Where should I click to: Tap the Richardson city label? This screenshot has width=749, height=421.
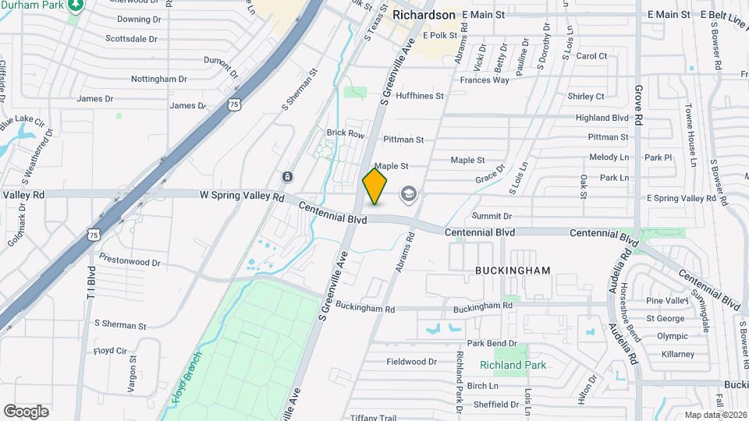424,15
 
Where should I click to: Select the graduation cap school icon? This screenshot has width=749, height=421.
409,193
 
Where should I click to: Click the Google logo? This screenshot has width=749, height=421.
26,411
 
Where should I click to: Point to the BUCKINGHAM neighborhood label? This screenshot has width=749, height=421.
513,271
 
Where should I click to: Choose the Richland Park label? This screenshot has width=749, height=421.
513,365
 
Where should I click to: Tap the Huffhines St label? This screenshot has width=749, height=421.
419,96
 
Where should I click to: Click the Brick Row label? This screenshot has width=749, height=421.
346,134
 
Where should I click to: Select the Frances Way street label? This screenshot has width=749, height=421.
485,80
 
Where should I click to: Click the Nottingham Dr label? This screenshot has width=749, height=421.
159,79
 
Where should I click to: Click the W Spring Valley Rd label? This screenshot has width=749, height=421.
242,197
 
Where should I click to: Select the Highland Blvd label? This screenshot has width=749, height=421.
602,118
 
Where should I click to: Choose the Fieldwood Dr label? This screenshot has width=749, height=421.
412,362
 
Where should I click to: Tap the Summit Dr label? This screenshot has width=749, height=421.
492,216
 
